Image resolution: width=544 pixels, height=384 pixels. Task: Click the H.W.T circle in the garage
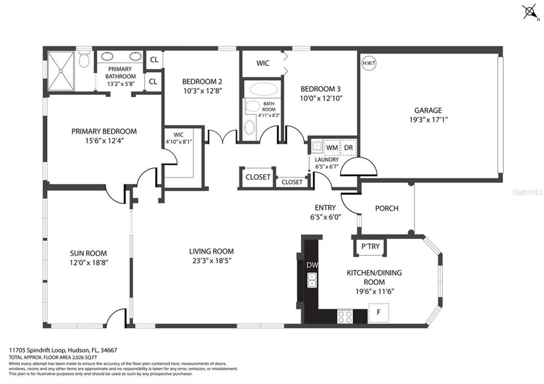click(369, 63)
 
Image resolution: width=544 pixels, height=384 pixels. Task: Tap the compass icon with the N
click(530, 12)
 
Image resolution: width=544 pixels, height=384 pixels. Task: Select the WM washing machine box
click(332, 148)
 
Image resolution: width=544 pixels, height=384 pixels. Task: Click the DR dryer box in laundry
click(348, 148)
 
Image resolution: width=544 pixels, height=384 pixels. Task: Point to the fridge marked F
click(378, 312)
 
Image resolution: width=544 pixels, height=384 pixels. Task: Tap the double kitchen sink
click(312, 280)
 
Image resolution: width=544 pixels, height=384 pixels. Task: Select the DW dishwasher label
click(312, 265)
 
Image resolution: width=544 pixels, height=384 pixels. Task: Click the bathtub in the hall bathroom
click(264, 89)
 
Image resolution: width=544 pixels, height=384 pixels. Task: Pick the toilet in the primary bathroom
click(84, 59)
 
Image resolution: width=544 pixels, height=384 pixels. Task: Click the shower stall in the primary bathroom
click(61, 71)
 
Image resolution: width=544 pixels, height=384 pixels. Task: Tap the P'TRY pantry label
click(370, 246)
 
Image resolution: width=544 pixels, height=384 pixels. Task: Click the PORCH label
click(387, 208)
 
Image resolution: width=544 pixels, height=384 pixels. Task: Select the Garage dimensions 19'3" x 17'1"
click(428, 120)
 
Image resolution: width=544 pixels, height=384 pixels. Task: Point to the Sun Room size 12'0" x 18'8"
click(89, 262)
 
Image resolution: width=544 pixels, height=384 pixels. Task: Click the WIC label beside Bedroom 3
click(263, 63)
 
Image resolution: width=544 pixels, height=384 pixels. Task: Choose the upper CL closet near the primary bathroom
click(154, 60)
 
